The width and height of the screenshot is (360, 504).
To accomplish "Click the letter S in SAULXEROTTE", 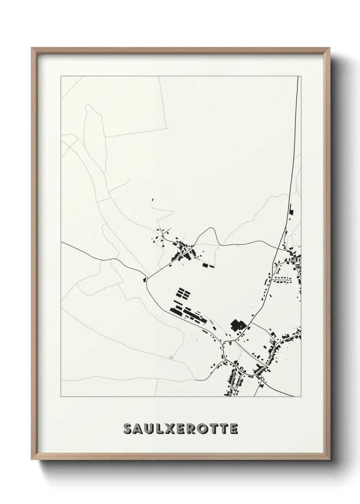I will click(x=128, y=429).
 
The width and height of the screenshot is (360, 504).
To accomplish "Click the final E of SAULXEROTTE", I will click(x=234, y=429).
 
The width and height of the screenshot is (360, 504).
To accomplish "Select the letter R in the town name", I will click(x=193, y=429).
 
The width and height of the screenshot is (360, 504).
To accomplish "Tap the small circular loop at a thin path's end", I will click(x=171, y=357).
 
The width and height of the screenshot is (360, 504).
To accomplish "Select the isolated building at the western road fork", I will click(x=144, y=280).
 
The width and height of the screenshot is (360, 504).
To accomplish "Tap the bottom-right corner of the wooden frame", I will click(x=330, y=459).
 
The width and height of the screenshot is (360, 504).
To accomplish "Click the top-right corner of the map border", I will click(x=301, y=76).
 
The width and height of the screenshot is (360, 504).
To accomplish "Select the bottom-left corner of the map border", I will click(x=61, y=397).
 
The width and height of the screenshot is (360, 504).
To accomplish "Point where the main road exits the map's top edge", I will click(x=298, y=77).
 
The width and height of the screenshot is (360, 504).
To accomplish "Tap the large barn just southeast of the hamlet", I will click(x=205, y=265).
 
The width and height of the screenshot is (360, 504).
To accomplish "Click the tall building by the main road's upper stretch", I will click(x=291, y=209).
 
